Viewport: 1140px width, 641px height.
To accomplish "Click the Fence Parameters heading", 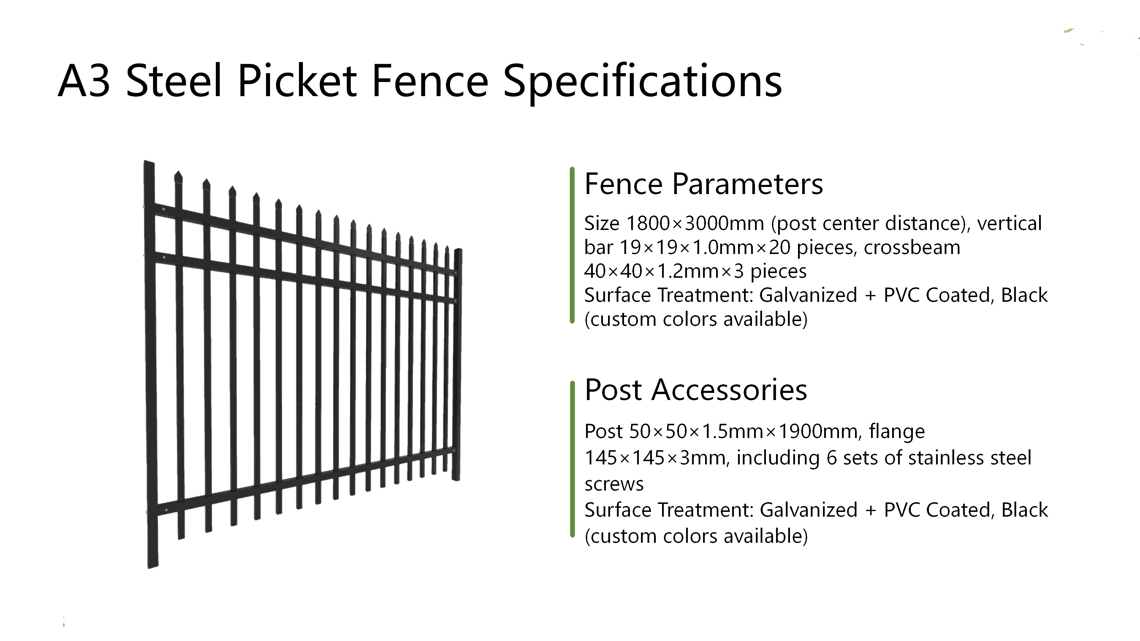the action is click(x=704, y=184).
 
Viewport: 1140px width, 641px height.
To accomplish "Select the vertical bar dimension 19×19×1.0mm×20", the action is click(x=704, y=247).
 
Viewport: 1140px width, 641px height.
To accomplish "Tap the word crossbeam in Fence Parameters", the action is click(x=912, y=247).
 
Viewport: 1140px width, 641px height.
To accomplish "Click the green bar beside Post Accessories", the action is click(x=572, y=459).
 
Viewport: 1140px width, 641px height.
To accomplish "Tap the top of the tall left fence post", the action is click(x=149, y=162).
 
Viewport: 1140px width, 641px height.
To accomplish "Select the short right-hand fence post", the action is click(x=457, y=365).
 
